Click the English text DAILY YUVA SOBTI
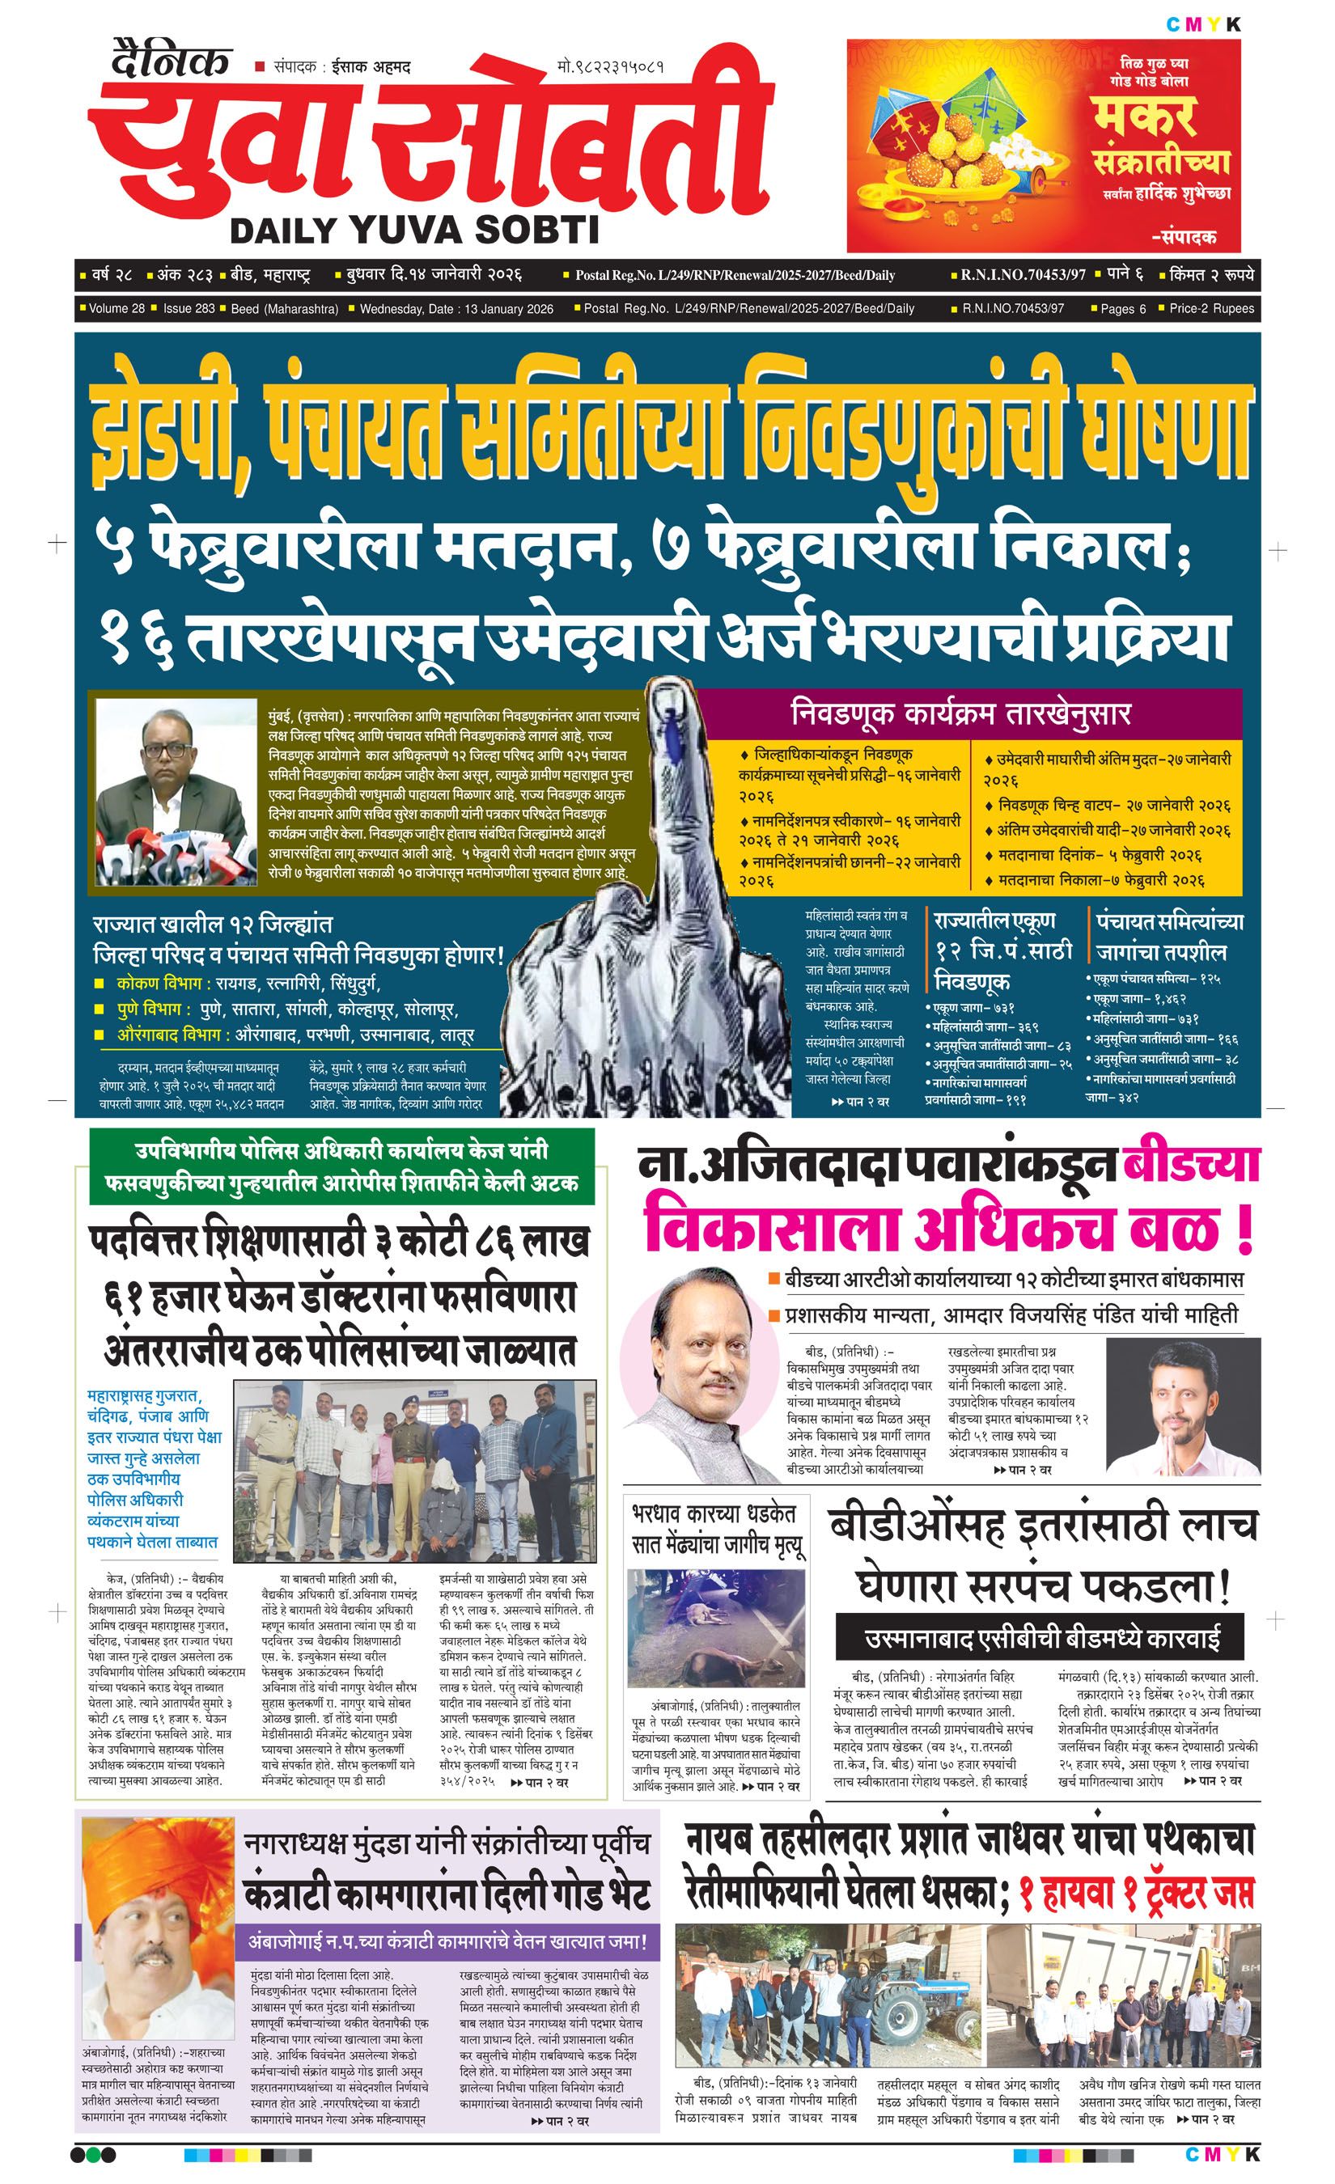pyautogui.click(x=414, y=231)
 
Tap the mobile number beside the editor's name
pyautogui.click(x=611, y=66)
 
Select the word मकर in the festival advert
pyautogui.click(x=1143, y=113)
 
